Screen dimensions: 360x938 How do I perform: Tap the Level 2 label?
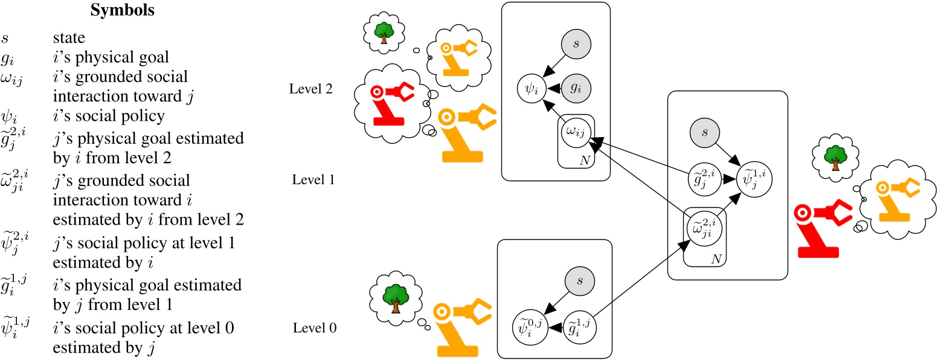311,89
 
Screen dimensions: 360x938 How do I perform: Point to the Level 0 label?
315,329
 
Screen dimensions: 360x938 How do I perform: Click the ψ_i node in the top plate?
532,91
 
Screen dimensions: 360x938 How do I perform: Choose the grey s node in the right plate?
705,131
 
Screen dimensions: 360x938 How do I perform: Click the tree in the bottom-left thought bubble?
395,295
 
